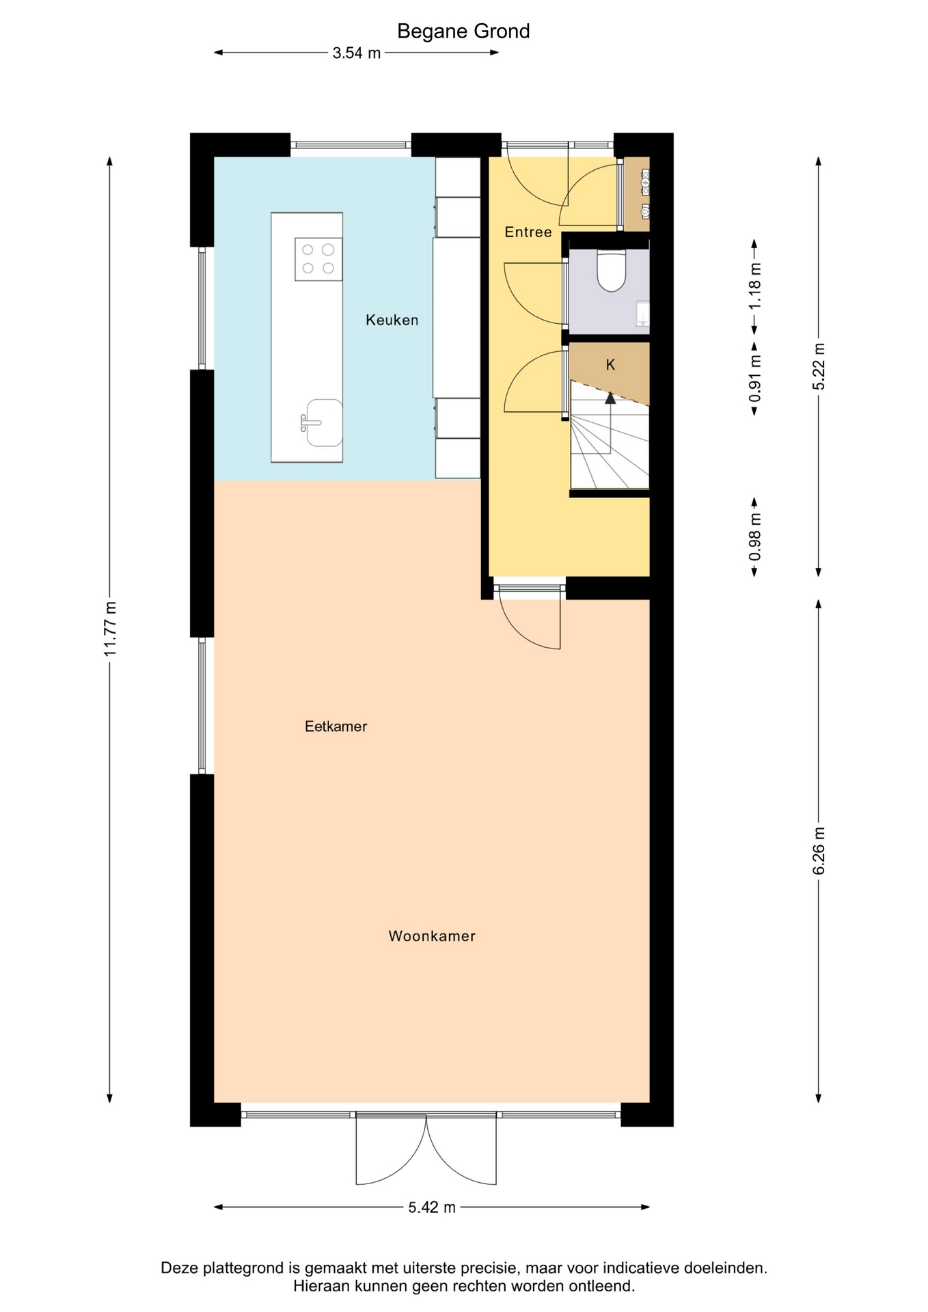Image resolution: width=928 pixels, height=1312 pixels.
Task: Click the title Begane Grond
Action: pos(463,31)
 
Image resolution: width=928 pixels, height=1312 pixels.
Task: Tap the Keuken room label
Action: pos(392,320)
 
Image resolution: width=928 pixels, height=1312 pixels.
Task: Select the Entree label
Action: pos(528,232)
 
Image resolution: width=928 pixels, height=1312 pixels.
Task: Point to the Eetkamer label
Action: pos(336,726)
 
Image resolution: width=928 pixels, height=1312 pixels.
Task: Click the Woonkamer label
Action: pos(432,936)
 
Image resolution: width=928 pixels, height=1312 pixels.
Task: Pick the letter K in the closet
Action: pos(610,365)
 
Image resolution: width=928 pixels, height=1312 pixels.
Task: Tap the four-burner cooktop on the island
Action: pos(318,259)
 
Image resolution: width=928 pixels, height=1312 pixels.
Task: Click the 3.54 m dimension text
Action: pos(357,53)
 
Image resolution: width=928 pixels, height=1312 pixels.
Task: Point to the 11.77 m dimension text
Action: pos(110,629)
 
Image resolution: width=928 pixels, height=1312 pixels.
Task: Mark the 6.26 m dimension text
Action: pos(819,850)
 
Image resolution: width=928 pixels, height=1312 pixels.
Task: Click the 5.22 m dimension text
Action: pos(819,366)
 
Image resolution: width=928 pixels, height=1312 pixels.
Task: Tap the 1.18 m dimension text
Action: pos(755,286)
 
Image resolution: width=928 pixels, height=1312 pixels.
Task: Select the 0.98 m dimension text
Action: pos(755,537)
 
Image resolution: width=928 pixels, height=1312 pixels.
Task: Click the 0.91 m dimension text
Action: pos(755,379)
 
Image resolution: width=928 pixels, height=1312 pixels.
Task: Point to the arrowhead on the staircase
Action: pos(610,398)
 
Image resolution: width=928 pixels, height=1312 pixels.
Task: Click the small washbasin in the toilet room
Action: pos(643,313)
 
